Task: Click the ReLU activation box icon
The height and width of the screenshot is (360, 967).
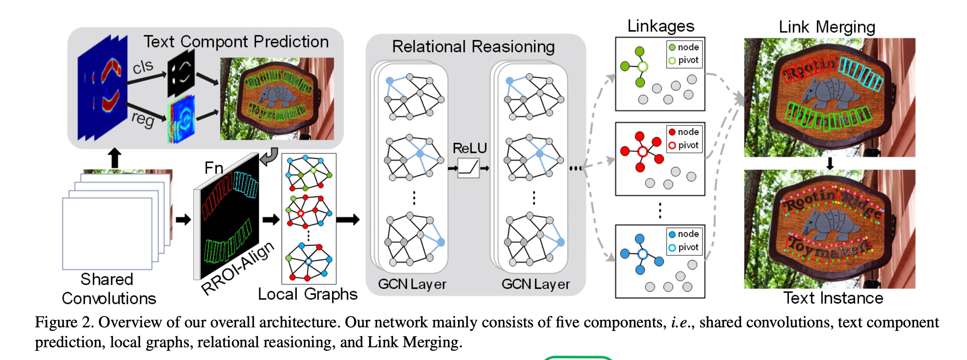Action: [468, 168]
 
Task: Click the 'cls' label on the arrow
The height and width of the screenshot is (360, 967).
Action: [142, 67]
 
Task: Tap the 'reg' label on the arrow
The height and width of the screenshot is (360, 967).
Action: [143, 119]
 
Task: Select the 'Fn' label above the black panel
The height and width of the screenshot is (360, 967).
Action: [213, 168]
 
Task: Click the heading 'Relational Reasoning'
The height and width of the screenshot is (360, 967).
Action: [473, 47]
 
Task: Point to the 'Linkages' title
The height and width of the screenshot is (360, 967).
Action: [660, 26]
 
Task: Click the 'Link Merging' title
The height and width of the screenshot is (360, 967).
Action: [827, 27]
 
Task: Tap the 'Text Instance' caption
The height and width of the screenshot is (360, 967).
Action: [833, 298]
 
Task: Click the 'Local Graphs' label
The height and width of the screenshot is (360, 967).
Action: [307, 294]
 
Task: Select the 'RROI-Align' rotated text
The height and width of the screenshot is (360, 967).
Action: [238, 268]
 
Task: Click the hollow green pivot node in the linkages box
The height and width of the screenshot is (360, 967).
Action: [642, 67]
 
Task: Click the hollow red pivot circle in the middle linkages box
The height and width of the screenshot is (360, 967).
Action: [642, 152]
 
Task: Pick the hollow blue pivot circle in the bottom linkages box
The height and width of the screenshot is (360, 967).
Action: [642, 254]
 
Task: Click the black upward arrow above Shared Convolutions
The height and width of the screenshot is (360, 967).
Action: [115, 158]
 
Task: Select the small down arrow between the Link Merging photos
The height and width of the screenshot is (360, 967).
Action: [830, 163]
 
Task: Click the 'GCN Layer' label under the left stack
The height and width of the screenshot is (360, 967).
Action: [412, 284]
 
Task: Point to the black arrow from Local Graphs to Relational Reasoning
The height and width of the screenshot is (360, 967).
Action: [348, 219]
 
